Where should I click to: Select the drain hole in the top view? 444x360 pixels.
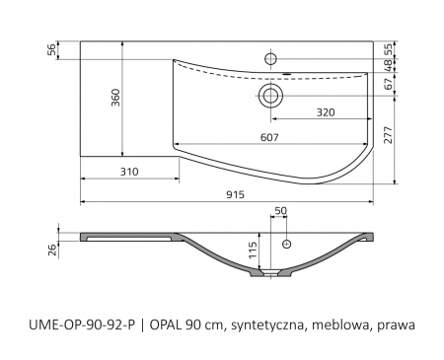coord(269,96)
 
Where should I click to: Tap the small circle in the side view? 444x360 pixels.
coord(287,242)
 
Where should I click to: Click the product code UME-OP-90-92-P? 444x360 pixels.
coord(84,323)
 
